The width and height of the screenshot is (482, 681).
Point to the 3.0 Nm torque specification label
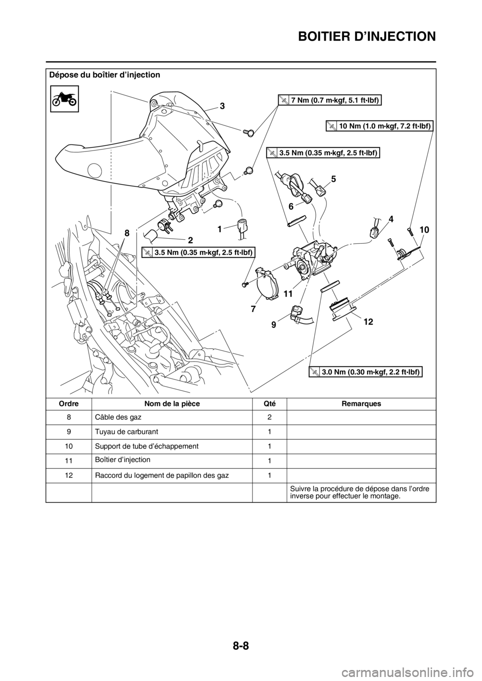pyautogui.click(x=366, y=372)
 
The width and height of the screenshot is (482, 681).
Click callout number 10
pyautogui.click(x=425, y=229)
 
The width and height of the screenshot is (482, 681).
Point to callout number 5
pyautogui.click(x=333, y=178)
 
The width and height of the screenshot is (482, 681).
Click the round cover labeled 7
pyautogui.click(x=267, y=286)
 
